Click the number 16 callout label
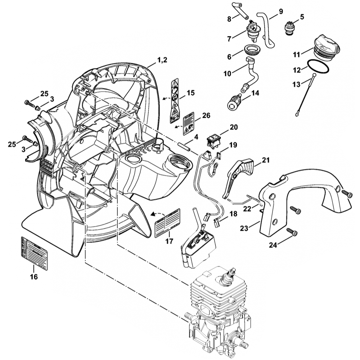click(33, 277)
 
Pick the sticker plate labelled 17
click(167, 223)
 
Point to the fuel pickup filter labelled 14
click(235, 100)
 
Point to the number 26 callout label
click(206, 116)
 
